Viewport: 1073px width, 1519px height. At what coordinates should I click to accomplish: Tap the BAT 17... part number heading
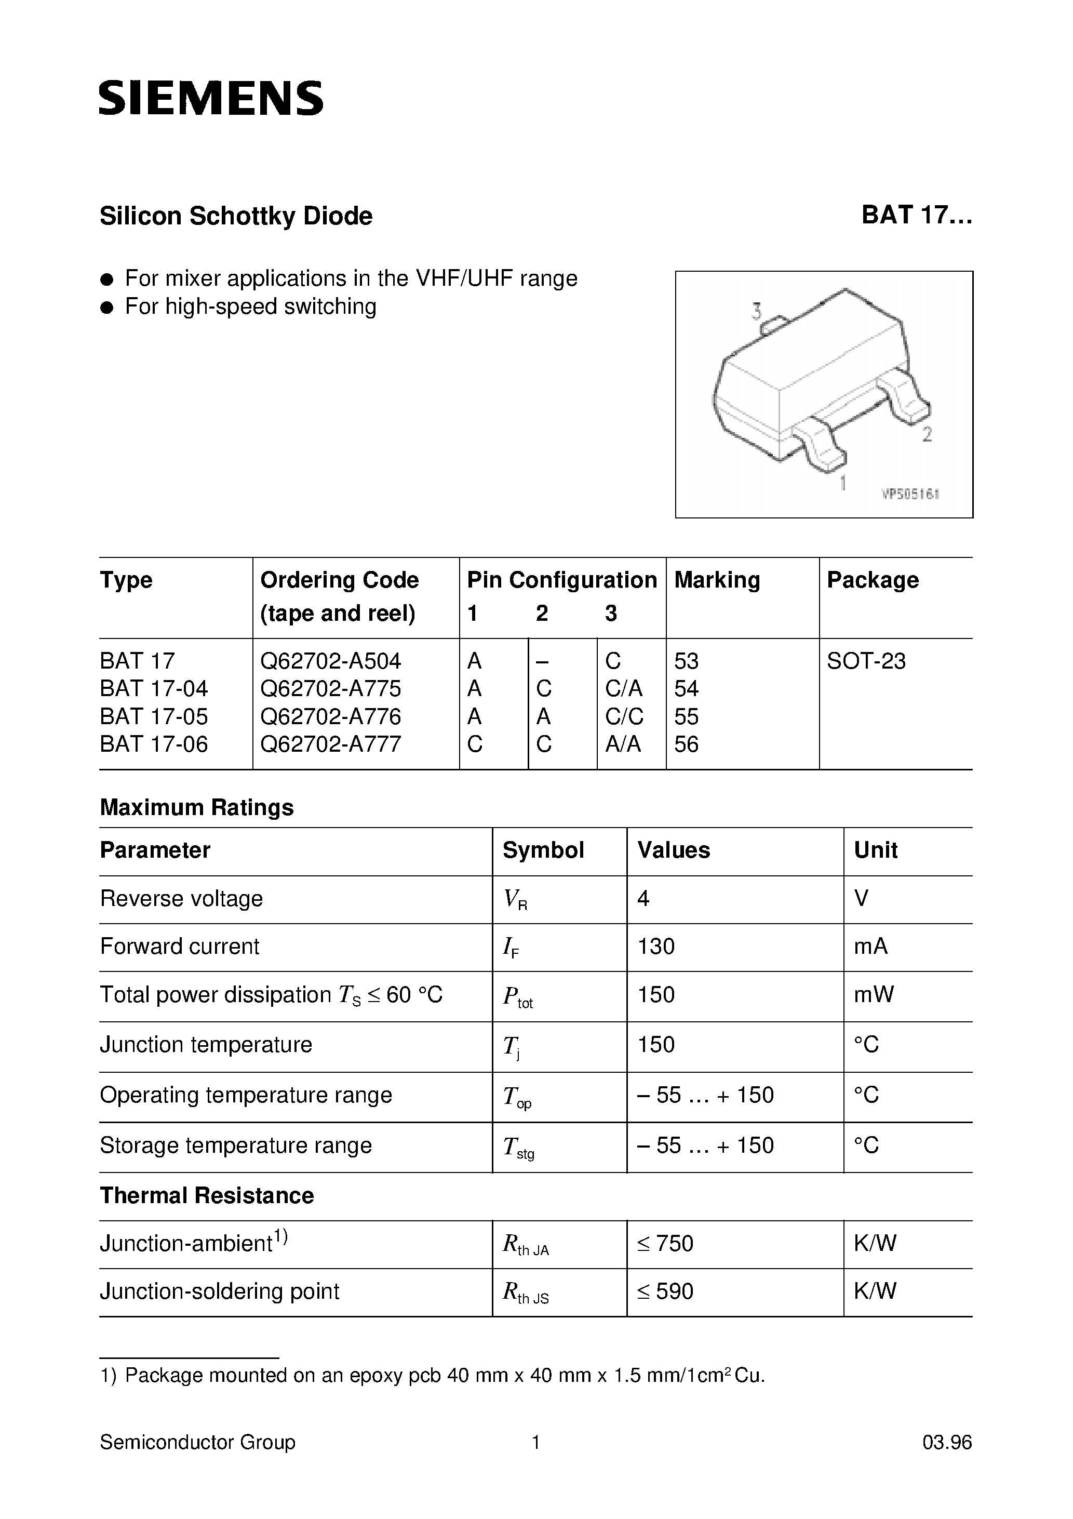click(916, 216)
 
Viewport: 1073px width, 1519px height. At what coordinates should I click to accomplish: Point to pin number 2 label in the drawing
click(927, 435)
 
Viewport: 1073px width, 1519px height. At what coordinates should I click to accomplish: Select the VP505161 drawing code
click(910, 494)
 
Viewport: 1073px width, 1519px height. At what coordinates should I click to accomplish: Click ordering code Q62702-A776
click(331, 716)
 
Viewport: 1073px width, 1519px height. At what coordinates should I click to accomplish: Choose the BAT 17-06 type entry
click(154, 744)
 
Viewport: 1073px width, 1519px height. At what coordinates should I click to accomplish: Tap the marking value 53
click(686, 661)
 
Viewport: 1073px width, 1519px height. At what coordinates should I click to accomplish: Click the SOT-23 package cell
click(866, 661)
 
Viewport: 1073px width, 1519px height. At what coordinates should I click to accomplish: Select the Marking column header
click(717, 580)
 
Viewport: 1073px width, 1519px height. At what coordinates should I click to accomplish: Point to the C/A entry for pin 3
click(624, 689)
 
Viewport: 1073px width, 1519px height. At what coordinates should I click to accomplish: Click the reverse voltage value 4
click(643, 898)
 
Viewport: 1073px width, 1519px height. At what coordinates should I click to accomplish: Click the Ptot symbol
click(517, 996)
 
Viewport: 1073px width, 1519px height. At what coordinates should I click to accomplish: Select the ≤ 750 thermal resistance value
click(665, 1244)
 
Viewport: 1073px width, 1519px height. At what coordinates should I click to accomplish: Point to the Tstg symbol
click(518, 1147)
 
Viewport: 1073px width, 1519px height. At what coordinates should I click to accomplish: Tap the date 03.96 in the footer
click(947, 1442)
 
